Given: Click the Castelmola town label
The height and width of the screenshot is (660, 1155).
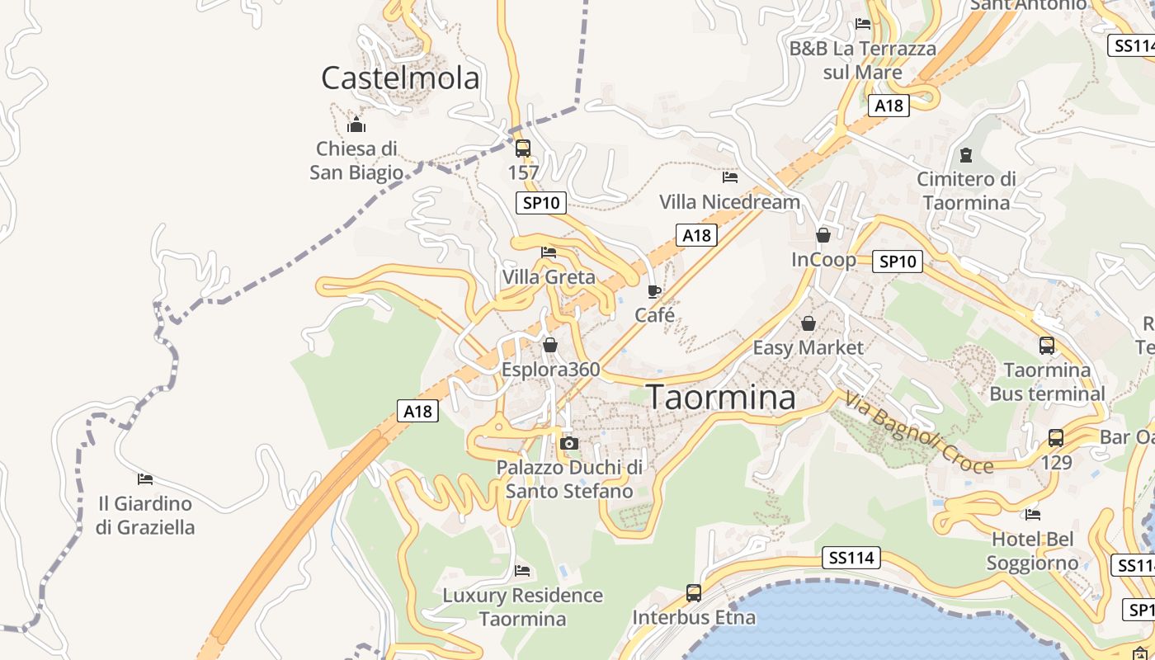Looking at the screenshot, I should click(x=400, y=78).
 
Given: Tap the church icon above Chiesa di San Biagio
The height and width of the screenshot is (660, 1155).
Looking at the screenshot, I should click(x=356, y=125).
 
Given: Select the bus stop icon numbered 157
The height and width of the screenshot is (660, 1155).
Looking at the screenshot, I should click(x=523, y=148).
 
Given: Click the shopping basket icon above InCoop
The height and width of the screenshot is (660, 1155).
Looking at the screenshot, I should click(x=823, y=235).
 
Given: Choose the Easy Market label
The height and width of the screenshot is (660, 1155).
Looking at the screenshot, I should click(x=808, y=347).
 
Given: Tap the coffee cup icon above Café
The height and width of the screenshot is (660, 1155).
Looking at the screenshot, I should click(x=654, y=291).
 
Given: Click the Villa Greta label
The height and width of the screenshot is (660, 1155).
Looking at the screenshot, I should click(x=549, y=276).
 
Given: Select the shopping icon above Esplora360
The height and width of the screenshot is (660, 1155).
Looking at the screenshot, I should click(x=549, y=345).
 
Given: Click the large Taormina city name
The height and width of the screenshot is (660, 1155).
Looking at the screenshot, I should click(x=721, y=397).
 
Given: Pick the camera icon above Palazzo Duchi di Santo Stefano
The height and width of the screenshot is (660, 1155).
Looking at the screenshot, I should click(x=568, y=444).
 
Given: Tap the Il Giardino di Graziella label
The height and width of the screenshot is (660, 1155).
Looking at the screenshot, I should click(x=145, y=515).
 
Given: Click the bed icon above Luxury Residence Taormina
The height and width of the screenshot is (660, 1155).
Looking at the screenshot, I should click(x=522, y=570).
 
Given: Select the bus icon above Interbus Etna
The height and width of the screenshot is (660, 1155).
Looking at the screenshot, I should click(x=694, y=592).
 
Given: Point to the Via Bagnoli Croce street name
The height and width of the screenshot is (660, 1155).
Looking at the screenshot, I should click(x=917, y=433).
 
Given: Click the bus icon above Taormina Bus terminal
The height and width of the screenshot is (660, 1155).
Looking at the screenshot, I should click(x=1046, y=345).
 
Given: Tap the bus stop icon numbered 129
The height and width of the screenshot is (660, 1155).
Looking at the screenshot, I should click(x=1056, y=438).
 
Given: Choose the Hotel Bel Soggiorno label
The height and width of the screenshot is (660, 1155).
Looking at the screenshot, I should click(x=1034, y=551).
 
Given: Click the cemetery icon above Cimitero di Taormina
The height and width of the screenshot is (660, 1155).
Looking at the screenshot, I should click(x=965, y=154).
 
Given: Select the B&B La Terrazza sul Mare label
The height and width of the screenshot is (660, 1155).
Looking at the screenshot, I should click(x=863, y=60).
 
